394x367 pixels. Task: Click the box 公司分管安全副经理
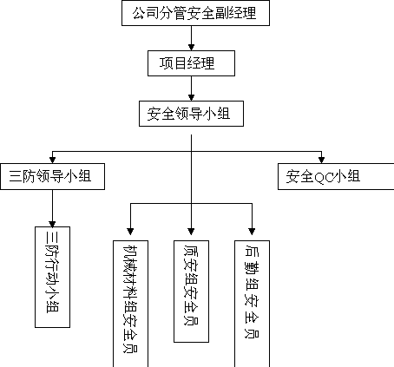point(195,13)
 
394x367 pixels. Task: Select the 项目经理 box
point(191,63)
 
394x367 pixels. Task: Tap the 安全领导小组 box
point(191,114)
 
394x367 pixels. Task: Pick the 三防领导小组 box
point(52,176)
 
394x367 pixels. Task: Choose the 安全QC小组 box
point(336,176)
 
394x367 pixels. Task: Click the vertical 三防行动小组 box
point(52,277)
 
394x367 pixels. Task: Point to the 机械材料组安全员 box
point(130,304)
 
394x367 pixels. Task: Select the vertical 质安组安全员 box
point(191,292)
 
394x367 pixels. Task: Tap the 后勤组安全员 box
point(252,304)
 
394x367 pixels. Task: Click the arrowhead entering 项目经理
point(191,47)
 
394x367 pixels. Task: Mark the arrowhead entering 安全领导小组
point(191,97)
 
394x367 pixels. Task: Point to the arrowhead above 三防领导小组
point(52,160)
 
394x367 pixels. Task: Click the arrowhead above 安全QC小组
point(321,160)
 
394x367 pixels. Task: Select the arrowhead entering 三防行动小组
point(52,224)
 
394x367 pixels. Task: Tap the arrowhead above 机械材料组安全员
point(130,232)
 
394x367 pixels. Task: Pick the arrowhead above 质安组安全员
point(191,232)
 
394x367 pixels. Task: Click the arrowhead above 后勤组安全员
point(252,232)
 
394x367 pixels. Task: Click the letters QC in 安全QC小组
point(324,177)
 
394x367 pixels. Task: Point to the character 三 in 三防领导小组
point(16,176)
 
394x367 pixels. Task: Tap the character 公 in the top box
point(139,13)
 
